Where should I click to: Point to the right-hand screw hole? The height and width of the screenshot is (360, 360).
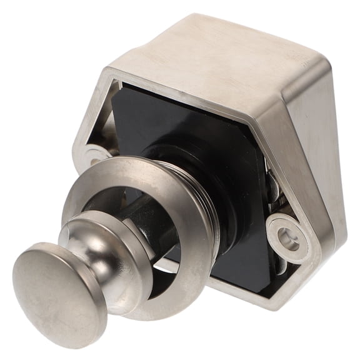(x=288, y=237)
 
